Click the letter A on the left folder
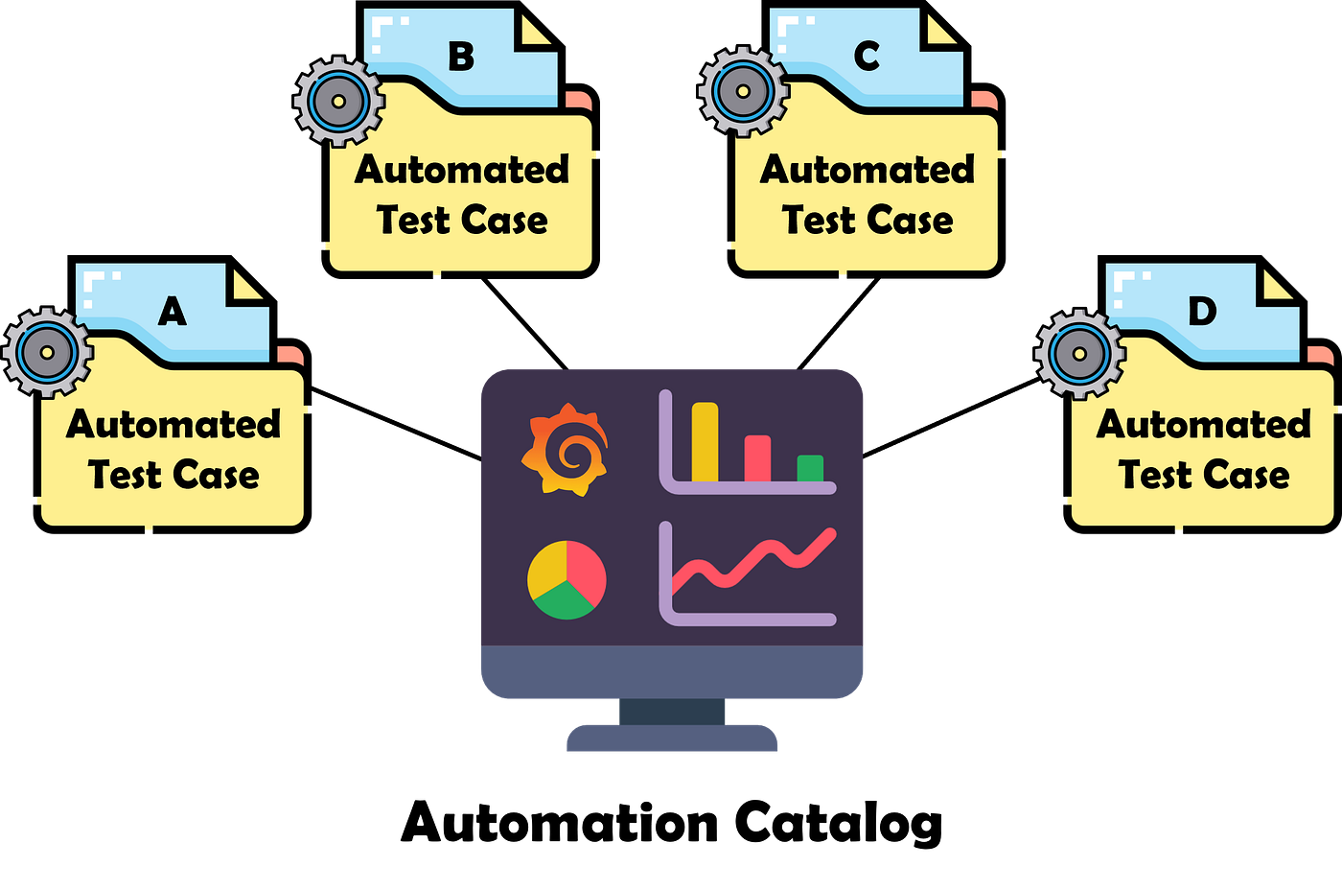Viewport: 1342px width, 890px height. [x=173, y=311]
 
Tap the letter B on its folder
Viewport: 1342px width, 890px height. [x=461, y=57]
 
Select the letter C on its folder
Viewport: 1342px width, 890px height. [x=867, y=57]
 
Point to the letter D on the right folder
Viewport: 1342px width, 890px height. [x=1202, y=311]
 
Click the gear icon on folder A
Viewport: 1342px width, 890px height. [x=47, y=352]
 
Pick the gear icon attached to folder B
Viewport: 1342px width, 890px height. [x=338, y=101]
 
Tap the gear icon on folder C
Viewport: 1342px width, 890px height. [x=744, y=92]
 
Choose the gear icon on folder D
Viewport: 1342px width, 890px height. [x=1079, y=353]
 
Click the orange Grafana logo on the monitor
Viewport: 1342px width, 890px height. [x=566, y=450]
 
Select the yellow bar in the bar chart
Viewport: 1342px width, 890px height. [x=705, y=441]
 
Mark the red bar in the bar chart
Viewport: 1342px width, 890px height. [x=757, y=458]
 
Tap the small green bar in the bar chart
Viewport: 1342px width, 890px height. [x=810, y=468]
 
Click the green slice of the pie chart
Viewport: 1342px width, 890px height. [x=565, y=603]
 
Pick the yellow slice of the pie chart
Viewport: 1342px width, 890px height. [x=547, y=570]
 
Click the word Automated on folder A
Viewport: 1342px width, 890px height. [x=174, y=424]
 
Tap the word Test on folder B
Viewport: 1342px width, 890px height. [x=413, y=221]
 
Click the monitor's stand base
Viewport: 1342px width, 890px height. [x=672, y=738]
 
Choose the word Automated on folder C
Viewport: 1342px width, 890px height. [x=868, y=170]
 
